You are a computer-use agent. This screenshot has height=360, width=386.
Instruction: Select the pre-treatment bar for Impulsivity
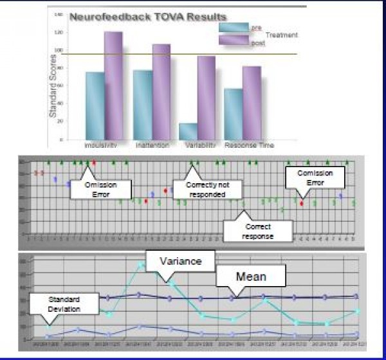(x=95, y=105)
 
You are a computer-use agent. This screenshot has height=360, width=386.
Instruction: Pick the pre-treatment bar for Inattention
(x=142, y=105)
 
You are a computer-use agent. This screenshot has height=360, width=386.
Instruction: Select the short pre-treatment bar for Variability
(x=188, y=131)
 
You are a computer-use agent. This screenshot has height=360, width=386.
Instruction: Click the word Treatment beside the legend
(x=281, y=34)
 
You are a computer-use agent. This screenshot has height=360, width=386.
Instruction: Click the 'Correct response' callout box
(x=258, y=230)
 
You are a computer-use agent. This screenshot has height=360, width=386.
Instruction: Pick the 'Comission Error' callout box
(x=311, y=178)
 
